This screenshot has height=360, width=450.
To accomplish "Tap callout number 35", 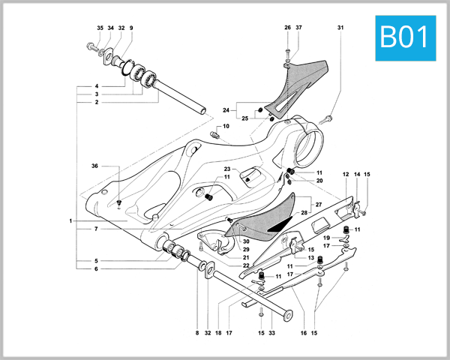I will click(100, 28).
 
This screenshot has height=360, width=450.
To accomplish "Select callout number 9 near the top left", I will click(131, 28).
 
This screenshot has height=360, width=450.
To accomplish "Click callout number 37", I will click(299, 28).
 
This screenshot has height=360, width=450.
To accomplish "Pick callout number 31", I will click(340, 28).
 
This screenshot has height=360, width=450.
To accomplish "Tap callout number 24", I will click(225, 110).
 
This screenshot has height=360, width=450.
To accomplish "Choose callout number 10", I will click(226, 127).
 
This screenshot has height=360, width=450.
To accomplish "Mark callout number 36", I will click(95, 165).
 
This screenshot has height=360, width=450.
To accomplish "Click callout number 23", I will click(226, 169).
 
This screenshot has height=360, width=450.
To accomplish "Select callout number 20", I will click(319, 181).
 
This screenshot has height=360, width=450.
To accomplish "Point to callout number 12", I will click(346, 175).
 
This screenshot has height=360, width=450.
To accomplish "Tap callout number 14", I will click(357, 175).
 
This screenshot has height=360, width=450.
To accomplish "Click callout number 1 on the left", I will click(70, 221).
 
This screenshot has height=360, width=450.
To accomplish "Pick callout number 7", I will click(95, 228).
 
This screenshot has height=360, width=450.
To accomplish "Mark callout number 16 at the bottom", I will click(304, 332).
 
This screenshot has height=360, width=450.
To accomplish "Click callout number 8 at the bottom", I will click(197, 332).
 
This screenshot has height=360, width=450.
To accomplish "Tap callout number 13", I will click(310, 257).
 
